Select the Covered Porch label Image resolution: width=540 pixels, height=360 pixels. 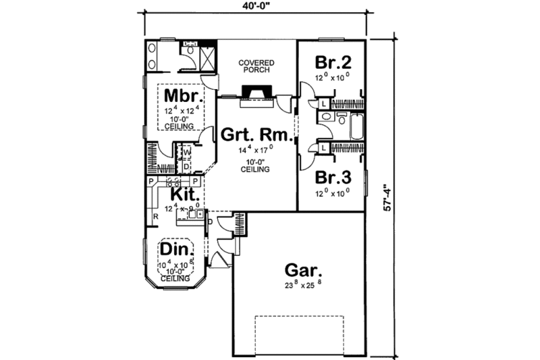coord(256,67)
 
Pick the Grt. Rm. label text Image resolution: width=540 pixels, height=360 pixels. coord(256,135)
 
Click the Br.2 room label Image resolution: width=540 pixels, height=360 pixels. coord(333,62)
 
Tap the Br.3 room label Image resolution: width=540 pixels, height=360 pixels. coord(333,179)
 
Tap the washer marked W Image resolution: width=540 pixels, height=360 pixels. coord(186,153)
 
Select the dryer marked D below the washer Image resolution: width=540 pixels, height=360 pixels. coord(186,166)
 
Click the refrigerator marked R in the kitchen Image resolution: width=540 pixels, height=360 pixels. coord(155,216)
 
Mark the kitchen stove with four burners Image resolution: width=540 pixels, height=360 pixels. coord(173,182)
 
